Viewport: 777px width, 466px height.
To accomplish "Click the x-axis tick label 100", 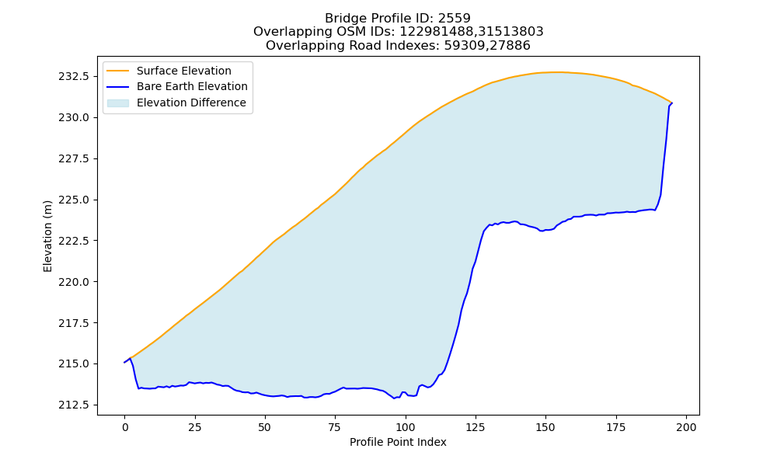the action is (406, 427).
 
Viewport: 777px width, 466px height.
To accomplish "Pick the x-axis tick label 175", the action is (616, 427).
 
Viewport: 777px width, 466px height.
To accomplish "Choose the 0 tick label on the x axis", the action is (125, 427).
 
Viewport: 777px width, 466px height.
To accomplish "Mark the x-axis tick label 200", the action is (686, 427).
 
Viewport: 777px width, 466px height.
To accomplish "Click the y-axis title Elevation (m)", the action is (47, 236).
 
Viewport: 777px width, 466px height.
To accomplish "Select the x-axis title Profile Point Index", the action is (398, 442).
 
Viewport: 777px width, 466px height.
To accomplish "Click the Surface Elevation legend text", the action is (184, 71).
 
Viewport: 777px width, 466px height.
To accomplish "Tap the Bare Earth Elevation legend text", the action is (192, 86).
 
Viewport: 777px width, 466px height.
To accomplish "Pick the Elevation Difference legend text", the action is (191, 103).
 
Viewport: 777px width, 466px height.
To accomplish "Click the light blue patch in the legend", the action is (118, 103).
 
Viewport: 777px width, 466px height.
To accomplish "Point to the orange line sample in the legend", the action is (118, 71).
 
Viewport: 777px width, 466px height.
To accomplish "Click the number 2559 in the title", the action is (455, 19).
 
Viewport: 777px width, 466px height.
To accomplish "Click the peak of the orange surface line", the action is (555, 72).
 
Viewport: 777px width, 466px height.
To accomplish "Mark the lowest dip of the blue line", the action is (395, 398).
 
